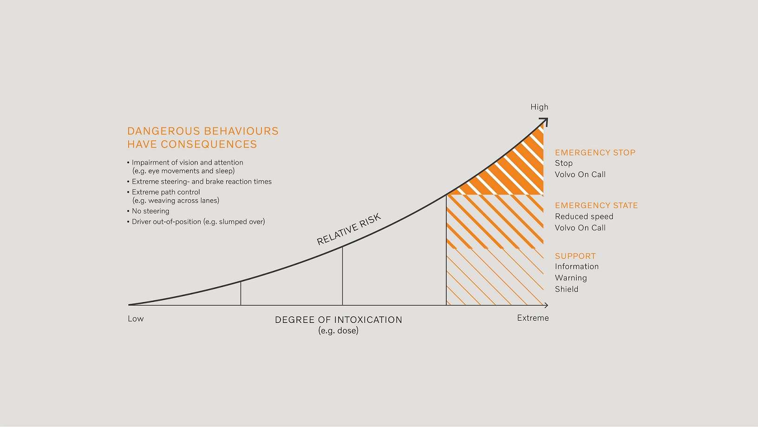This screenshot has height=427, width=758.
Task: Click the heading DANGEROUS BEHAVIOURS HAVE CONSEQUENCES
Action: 203,138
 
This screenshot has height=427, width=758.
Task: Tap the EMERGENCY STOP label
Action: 595,152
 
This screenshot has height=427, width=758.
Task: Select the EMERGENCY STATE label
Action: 596,205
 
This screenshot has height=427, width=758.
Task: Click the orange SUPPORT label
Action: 575,256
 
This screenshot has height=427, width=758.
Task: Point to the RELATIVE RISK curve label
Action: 349,229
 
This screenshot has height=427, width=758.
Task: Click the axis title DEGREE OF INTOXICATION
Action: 338,320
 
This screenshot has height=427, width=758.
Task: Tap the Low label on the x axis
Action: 136,319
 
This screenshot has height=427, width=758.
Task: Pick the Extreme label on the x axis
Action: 533,318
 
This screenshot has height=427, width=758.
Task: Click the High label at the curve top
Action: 539,107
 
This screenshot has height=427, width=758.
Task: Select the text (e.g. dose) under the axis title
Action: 338,331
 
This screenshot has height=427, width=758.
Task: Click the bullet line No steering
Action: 150,211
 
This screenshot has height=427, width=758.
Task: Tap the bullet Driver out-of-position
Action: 198,222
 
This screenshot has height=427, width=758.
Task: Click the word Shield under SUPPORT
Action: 567,289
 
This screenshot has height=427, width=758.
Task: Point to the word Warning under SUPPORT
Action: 571,278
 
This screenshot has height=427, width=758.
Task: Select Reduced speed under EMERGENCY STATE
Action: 584,217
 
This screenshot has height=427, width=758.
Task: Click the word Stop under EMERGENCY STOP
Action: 563,163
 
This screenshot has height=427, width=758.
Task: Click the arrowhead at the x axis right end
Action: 546,305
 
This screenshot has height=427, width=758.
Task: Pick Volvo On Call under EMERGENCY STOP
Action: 580,174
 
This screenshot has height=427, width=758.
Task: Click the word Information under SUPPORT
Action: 576,266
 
